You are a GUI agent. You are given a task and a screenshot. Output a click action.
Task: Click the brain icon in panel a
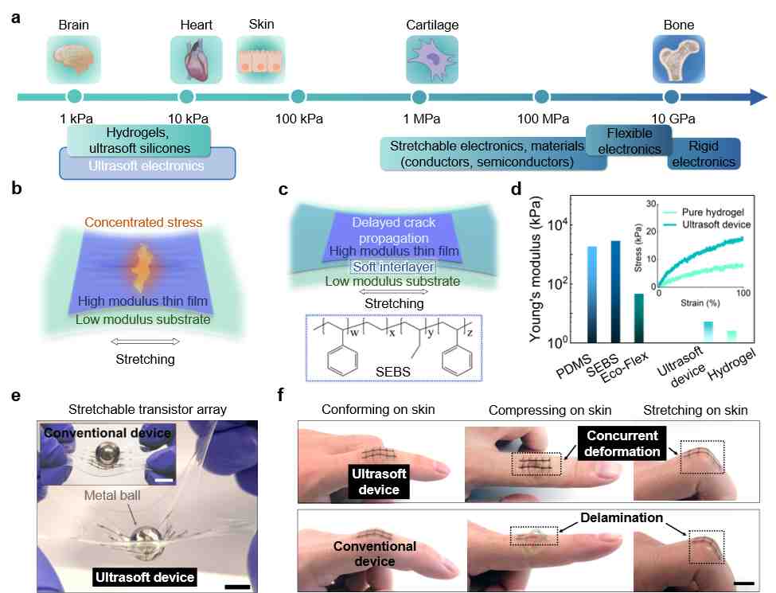point(74,60)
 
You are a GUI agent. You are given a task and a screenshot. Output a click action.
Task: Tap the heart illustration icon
point(196,60)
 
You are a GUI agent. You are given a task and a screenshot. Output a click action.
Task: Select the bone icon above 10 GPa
point(679,60)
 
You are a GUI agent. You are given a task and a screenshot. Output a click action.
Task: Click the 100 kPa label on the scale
point(299,119)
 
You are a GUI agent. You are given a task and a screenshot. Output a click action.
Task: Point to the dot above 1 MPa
point(419,97)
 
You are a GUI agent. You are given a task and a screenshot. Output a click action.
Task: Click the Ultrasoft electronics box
point(147,163)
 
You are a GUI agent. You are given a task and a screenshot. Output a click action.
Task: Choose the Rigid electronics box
point(704,154)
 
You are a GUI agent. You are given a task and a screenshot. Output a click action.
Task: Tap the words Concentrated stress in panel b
point(143,222)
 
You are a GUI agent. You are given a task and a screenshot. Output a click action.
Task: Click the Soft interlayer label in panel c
point(393,267)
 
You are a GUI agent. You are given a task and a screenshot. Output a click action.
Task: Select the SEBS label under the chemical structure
point(393,372)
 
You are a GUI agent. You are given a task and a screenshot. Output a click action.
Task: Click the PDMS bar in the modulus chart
point(592,295)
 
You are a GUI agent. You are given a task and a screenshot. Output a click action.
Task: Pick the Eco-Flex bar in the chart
point(639,318)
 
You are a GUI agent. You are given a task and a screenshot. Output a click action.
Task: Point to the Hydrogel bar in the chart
point(731,337)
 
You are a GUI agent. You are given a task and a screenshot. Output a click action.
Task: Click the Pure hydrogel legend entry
point(704,212)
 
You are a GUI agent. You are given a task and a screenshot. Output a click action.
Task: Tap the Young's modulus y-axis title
point(535,269)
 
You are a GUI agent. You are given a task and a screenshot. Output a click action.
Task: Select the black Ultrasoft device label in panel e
point(145,577)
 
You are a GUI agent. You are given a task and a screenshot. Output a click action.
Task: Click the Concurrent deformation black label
point(622,443)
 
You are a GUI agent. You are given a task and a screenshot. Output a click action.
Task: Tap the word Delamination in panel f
point(622,517)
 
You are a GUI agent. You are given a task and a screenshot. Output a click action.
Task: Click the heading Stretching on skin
point(696,411)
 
